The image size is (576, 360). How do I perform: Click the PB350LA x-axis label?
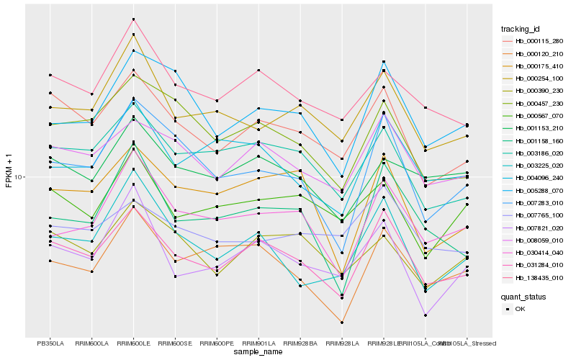pyautogui.click(x=50, y=343)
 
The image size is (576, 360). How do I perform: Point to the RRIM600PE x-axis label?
pyautogui.click(x=217, y=343)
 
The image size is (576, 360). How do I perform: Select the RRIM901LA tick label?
pyautogui.click(x=258, y=343)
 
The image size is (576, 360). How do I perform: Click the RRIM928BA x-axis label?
pyautogui.click(x=300, y=343)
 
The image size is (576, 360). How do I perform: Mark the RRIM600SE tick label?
pyautogui.click(x=175, y=343)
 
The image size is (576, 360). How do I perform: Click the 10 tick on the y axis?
pyautogui.click(x=18, y=177)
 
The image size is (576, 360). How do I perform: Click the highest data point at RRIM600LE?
pyautogui.click(x=133, y=19)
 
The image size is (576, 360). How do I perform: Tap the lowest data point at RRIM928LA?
pyautogui.click(x=342, y=323)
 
